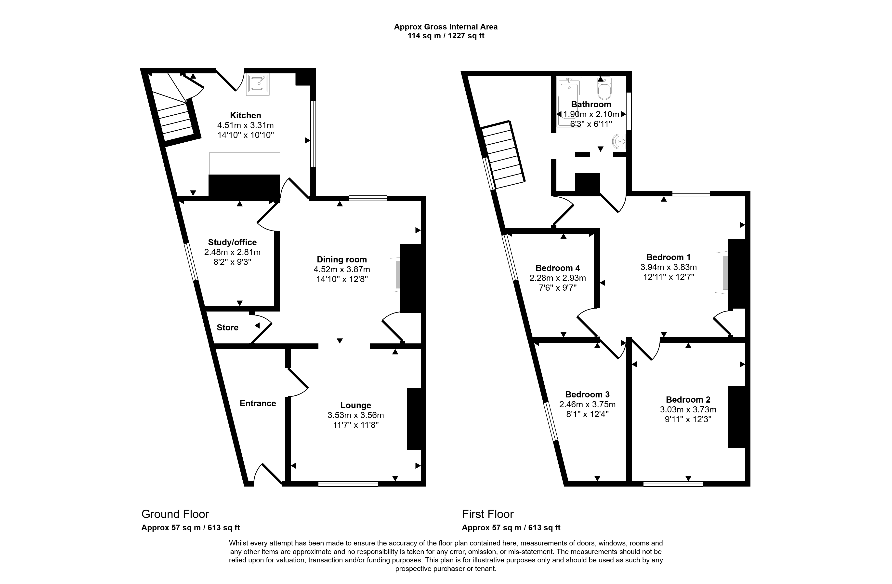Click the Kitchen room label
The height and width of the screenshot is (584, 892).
click(x=246, y=116)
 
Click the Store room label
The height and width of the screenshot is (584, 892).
click(x=227, y=327)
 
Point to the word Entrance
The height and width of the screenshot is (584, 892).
click(x=258, y=403)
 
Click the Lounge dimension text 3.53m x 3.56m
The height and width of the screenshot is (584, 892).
click(x=356, y=415)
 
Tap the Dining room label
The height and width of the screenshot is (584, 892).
click(x=342, y=259)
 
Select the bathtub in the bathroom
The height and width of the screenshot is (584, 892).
click(x=569, y=102)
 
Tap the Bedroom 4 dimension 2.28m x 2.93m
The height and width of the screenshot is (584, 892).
click(x=558, y=278)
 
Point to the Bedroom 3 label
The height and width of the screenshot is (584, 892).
click(x=587, y=394)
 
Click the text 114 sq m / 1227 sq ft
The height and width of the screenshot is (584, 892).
click(x=446, y=36)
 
